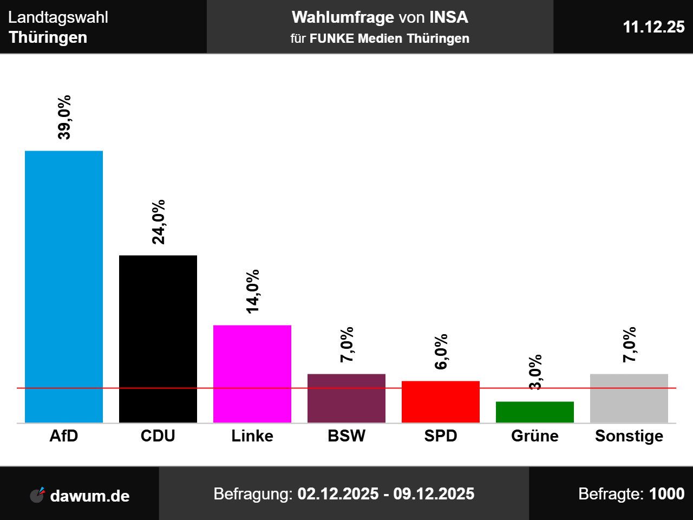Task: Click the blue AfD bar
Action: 64,287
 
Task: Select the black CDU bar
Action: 158,339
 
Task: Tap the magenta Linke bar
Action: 252,374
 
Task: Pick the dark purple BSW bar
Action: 346,398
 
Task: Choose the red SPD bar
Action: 441,401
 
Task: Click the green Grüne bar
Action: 535,412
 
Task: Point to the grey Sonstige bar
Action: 629,398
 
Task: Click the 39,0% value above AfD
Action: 64,118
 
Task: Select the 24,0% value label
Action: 159,222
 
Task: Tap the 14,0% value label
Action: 253,291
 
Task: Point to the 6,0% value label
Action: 441,352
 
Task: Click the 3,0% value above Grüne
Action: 535,372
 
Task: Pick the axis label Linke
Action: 252,436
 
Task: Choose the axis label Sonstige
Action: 629,436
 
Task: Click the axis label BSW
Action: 346,436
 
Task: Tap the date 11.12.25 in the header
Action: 653,27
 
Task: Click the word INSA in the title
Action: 448,17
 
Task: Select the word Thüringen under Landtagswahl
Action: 48,37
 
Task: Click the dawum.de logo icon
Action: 37,495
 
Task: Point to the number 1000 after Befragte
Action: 666,494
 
